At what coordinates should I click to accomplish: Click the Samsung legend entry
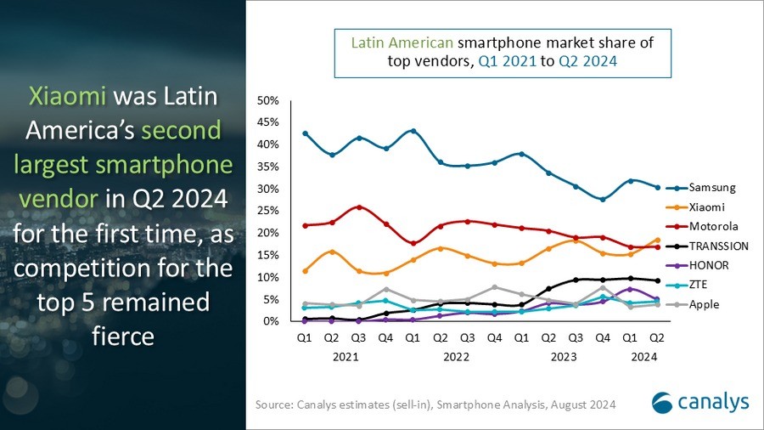pyautogui.click(x=711, y=187)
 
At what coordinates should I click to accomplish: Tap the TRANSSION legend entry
pyautogui.click(x=717, y=246)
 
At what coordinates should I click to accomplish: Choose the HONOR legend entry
pyautogui.click(x=710, y=265)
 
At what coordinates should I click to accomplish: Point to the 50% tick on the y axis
pyautogui.click(x=267, y=100)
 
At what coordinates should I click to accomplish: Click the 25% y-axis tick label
pyautogui.click(x=267, y=211)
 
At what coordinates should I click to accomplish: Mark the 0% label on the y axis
pyautogui.click(x=270, y=321)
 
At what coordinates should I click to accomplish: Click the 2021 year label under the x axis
pyautogui.click(x=345, y=357)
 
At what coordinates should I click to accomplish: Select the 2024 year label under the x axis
pyautogui.click(x=645, y=357)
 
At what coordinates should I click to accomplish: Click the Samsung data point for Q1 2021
pyautogui.click(x=305, y=133)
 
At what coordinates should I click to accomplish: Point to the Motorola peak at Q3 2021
pyautogui.click(x=359, y=207)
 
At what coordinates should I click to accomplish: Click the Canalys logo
pyautogui.click(x=699, y=401)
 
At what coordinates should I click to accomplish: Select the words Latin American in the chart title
pyautogui.click(x=402, y=41)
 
